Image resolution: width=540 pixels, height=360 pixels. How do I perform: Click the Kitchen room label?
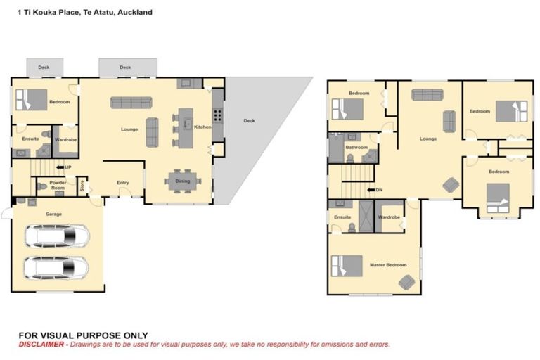click(x=202, y=127)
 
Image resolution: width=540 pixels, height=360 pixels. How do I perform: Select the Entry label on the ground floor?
click(x=123, y=183)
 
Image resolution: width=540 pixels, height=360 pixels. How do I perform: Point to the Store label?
click(x=82, y=186)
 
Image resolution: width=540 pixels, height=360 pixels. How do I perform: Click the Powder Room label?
click(x=58, y=185)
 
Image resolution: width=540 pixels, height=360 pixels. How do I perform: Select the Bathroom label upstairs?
click(x=356, y=147)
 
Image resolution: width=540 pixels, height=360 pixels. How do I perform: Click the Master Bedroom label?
click(x=388, y=264)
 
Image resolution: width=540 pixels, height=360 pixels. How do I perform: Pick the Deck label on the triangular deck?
click(x=249, y=120)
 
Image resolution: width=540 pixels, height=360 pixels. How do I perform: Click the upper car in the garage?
click(x=57, y=236)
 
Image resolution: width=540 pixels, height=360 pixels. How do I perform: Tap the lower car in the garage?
click(x=57, y=267)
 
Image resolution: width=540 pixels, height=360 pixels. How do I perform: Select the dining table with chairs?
click(x=183, y=177)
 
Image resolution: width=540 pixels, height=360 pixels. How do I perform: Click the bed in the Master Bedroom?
click(x=347, y=266)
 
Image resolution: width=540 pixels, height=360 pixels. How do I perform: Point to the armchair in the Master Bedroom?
click(x=406, y=281)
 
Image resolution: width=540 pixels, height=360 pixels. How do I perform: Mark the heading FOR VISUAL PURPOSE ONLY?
click(x=83, y=335)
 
